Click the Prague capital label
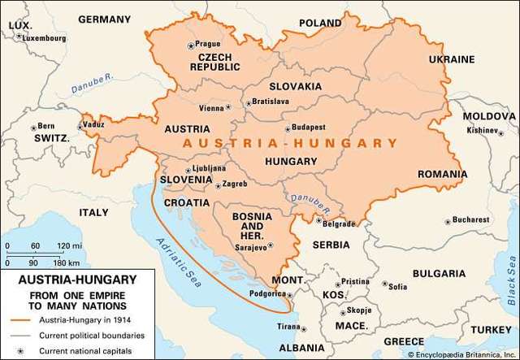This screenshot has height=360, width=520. coord(209,44)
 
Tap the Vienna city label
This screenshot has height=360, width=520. coord(211,108)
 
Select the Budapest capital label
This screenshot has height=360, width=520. coord(310,128)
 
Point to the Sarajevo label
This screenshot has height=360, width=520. coord(251,247)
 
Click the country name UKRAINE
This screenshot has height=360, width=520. coord(452,59)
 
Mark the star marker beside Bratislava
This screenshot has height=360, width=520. coord(247,103)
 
